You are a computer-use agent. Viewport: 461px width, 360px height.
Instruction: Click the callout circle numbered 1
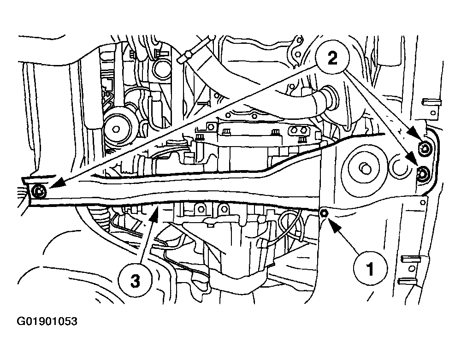click(370, 268)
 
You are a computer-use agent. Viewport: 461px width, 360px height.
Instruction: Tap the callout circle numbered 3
click(135, 281)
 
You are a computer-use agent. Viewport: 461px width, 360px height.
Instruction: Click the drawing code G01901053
click(47, 321)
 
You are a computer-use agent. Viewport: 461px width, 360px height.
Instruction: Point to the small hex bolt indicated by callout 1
click(324, 213)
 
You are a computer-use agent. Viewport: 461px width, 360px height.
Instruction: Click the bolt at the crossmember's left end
click(39, 192)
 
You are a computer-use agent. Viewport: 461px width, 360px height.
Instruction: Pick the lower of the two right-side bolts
click(423, 174)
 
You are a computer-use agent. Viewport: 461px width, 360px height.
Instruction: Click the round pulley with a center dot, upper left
click(116, 128)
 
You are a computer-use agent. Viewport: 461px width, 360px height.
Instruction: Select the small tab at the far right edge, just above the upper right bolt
click(431, 102)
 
